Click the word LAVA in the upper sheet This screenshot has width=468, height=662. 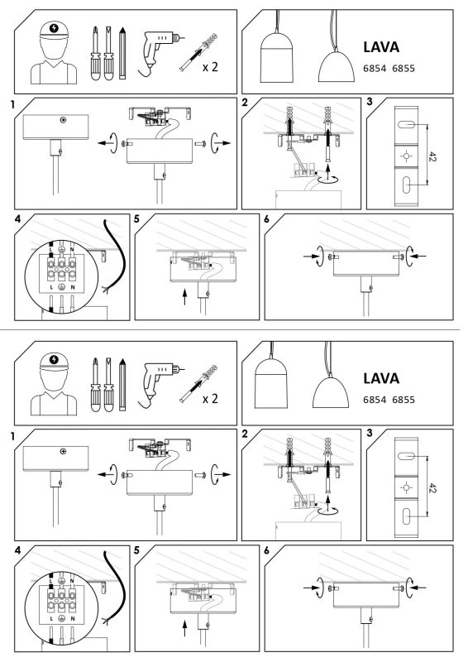381,47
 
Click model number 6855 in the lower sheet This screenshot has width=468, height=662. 404,400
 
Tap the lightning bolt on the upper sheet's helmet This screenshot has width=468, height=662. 54,28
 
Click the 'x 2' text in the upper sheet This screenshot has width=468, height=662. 210,67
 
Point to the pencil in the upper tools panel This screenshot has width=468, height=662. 122,53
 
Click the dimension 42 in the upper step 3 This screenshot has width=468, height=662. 432,156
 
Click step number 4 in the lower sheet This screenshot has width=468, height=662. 17,550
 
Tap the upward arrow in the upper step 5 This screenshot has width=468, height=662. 184,297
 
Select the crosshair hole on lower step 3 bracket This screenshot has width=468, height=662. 406,487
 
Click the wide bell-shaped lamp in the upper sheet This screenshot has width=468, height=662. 337,67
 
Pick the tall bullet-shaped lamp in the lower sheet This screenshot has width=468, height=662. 271,384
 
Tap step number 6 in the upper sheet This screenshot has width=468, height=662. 267,219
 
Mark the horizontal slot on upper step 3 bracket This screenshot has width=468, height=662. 406,125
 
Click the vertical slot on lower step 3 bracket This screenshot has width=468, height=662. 406,516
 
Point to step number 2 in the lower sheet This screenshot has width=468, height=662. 246,434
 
